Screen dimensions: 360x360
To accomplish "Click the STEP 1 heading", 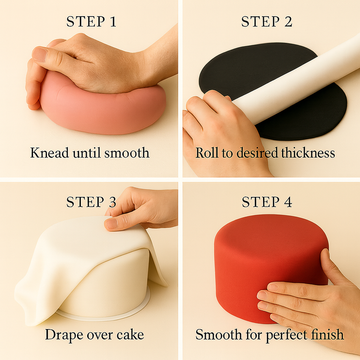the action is [91, 22].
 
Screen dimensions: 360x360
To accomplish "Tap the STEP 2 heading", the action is [267, 22].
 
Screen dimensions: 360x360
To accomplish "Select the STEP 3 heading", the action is [91, 202].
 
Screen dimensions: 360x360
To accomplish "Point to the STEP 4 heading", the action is [267, 202].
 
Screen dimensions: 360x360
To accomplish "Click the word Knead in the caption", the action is [50, 152].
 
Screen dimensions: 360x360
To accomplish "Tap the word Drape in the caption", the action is [64, 335].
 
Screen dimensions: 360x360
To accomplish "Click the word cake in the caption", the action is [130, 335].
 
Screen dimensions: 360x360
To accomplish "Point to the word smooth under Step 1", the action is [127, 152].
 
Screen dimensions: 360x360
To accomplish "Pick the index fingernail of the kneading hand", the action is [39, 54].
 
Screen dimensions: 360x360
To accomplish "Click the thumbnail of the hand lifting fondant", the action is [111, 223].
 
